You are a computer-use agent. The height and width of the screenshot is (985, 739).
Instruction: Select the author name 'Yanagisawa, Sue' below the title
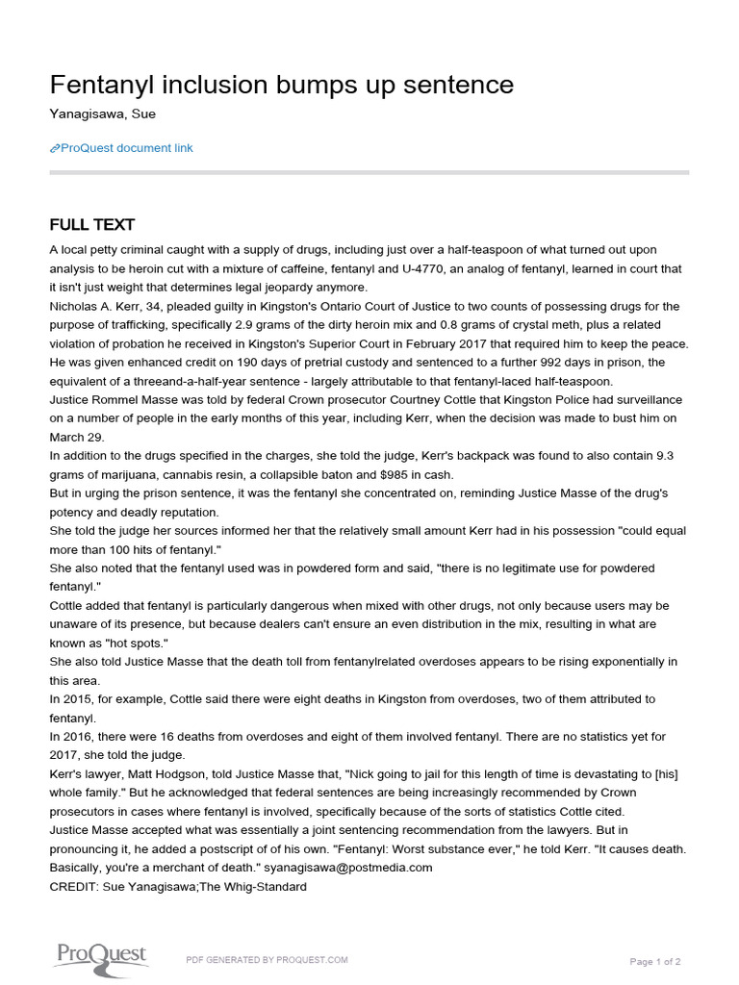[102, 114]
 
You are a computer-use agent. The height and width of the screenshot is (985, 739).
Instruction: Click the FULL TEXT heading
[92, 225]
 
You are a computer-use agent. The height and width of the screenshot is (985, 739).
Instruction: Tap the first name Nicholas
[75, 306]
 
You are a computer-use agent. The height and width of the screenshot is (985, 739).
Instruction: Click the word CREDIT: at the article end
[75, 886]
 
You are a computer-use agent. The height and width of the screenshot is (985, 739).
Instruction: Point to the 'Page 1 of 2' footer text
[655, 961]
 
